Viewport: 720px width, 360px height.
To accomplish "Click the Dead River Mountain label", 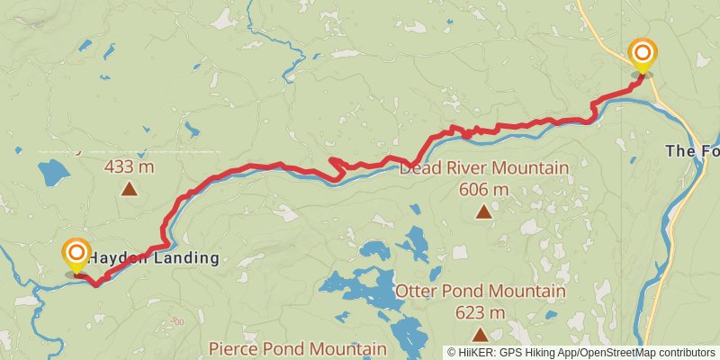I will click(484, 168).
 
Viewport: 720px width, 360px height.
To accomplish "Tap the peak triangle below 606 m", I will click(484, 212).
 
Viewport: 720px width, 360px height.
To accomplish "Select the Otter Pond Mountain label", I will click(481, 292).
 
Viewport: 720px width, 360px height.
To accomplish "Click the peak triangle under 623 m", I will click(481, 334).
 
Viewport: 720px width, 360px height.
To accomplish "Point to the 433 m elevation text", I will click(130, 166).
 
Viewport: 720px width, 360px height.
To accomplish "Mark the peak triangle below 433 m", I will click(130, 189).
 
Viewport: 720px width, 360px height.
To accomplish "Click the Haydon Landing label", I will click(153, 258).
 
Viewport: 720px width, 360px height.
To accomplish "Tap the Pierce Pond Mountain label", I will click(297, 348).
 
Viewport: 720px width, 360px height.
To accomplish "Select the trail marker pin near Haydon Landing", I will click(76, 255).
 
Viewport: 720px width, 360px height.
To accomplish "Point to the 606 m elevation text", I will click(484, 190).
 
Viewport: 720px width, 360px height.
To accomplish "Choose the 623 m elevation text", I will click(481, 312).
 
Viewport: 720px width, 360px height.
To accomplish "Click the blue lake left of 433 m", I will click(54, 170).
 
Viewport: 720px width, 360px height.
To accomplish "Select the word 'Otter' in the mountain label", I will click(416, 292).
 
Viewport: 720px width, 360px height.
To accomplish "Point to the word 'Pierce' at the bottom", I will click(231, 348).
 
